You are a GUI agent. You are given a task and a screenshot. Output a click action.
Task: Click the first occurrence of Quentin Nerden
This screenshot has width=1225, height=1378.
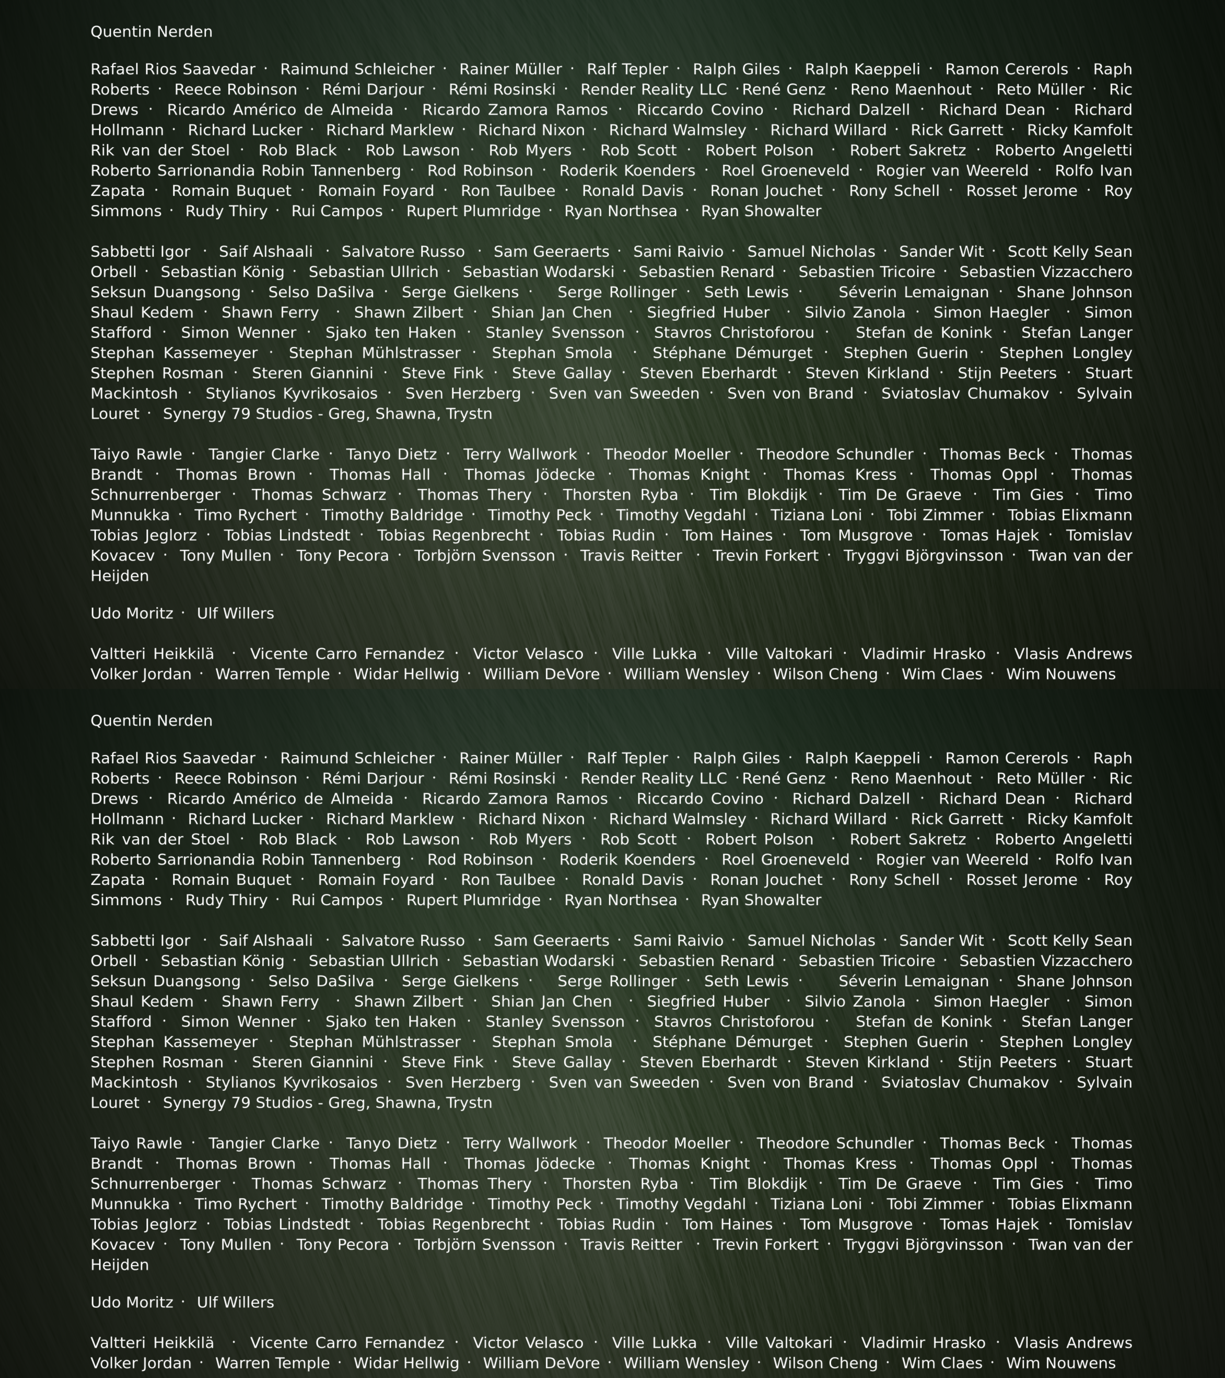click(151, 32)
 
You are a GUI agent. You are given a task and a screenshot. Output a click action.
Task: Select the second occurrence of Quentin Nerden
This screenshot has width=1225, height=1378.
click(151, 721)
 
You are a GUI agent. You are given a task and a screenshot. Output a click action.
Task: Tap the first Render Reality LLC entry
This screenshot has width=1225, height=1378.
click(653, 90)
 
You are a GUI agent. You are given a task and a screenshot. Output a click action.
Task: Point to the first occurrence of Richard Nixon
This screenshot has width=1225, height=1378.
click(531, 130)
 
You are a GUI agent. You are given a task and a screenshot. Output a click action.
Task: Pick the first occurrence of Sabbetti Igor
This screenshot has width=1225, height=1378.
click(140, 251)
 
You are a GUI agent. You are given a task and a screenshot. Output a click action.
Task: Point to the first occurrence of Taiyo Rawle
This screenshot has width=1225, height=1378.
click(136, 454)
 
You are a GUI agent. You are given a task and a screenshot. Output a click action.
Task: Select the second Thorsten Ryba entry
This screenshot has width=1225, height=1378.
click(620, 1184)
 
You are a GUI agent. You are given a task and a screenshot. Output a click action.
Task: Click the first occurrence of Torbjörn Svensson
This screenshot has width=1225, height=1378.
click(484, 555)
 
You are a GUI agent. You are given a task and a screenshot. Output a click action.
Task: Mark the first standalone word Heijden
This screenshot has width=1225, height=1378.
click(119, 576)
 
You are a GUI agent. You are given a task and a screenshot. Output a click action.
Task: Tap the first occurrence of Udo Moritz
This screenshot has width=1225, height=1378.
click(131, 613)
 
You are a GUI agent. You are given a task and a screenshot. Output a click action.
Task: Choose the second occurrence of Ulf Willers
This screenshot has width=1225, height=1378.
click(235, 1302)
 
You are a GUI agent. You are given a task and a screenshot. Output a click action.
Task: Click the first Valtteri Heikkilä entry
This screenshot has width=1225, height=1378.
click(153, 654)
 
